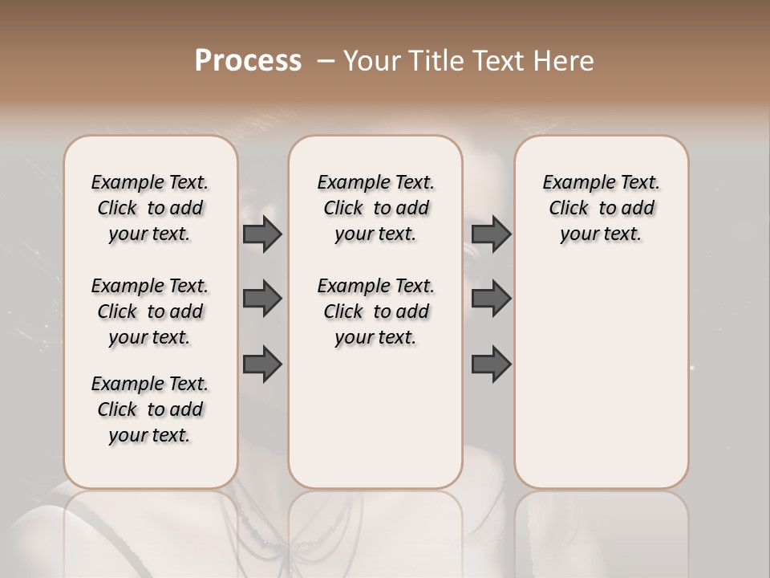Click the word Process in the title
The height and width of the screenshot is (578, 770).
248,61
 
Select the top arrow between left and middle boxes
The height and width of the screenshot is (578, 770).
262,234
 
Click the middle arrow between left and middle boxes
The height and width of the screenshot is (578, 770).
262,299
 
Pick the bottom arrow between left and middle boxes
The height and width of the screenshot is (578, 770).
262,364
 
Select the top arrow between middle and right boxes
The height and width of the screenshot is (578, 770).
491,234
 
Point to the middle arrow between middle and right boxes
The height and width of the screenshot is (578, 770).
491,299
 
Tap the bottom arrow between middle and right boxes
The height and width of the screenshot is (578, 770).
491,364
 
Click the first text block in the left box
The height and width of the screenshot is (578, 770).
150,208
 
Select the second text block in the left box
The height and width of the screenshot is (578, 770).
150,311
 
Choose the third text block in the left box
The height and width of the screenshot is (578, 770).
150,409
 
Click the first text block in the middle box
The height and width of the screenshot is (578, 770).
375,208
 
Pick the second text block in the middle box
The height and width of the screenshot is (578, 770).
375,311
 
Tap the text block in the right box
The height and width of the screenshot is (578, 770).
601,208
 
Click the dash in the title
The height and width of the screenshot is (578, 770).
326,61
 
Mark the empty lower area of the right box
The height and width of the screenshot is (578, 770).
601,377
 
